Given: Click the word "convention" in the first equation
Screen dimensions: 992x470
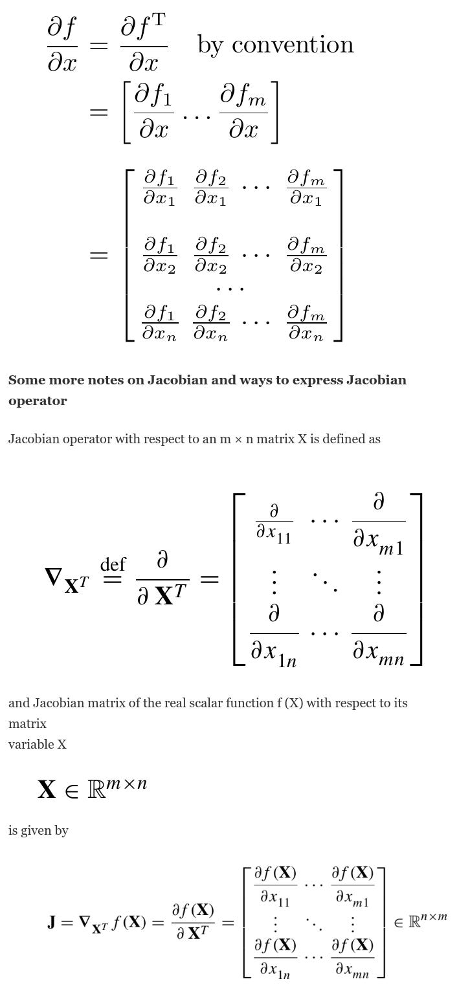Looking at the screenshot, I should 293,45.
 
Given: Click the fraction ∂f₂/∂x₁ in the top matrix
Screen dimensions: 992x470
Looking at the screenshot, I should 210,188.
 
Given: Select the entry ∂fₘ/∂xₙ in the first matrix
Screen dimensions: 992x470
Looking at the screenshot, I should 306,324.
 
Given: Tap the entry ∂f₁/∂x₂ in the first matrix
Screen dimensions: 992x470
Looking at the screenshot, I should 159,255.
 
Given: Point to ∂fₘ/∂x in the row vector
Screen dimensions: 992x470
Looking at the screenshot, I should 243,113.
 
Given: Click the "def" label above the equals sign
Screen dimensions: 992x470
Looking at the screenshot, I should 113,564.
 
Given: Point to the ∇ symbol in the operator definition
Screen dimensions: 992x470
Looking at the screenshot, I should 53,576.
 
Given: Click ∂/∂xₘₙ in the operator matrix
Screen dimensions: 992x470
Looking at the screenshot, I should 379,637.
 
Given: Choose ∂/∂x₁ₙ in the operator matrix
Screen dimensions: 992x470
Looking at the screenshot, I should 274,637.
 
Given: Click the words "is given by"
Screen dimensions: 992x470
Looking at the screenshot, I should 38,830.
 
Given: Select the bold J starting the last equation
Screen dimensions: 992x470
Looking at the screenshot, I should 51,921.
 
